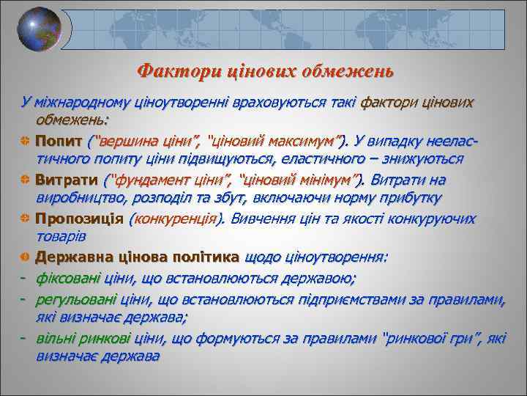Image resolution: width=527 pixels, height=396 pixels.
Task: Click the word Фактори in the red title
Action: [168, 72]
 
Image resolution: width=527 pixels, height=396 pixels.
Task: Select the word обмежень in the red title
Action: [349, 72]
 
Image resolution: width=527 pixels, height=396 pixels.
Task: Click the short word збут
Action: [232, 198]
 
